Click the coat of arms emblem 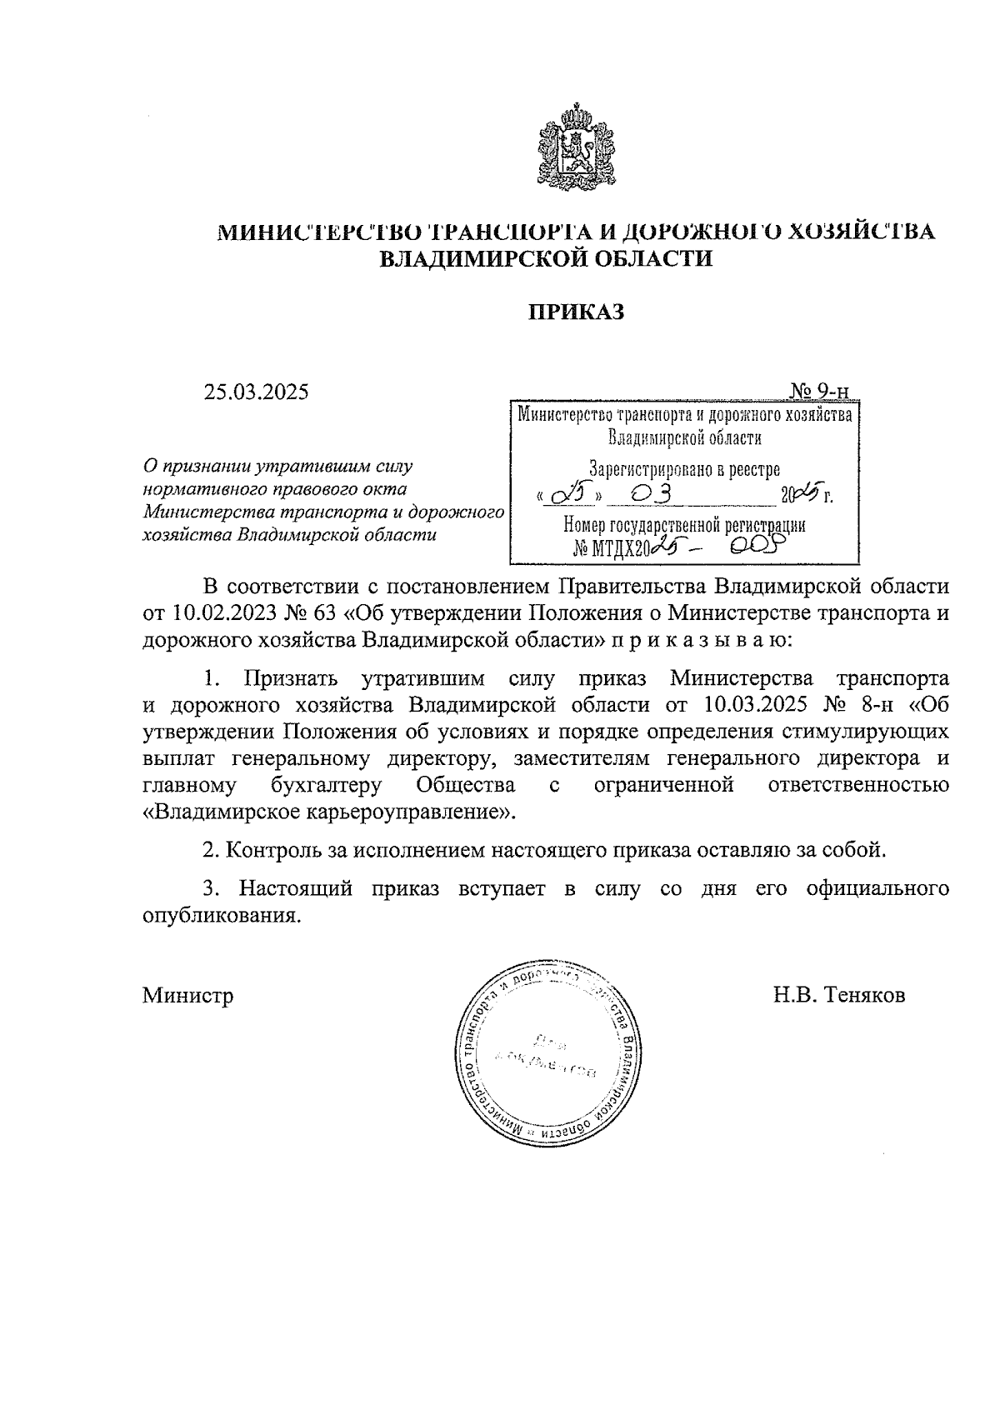(574, 147)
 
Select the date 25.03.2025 (256, 391)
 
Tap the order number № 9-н (819, 391)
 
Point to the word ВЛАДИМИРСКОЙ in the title (477, 258)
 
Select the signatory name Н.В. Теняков (839, 995)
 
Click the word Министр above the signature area (187, 995)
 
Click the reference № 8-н (857, 704)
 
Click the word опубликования (221, 916)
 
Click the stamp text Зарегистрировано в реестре (684, 469)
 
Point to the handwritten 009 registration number (756, 546)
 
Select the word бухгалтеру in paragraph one (326, 784)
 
